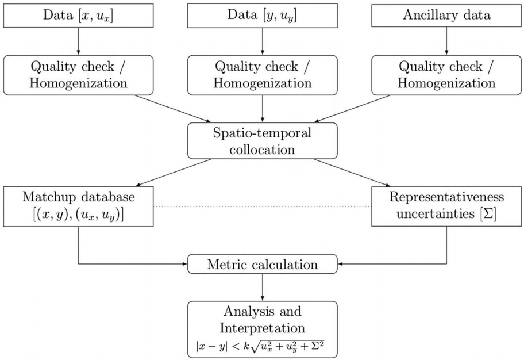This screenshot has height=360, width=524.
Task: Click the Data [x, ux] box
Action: tap(78, 16)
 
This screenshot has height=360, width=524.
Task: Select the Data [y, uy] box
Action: tap(263, 16)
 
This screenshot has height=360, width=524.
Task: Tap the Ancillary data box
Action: tap(447, 16)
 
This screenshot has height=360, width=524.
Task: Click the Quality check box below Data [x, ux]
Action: tap(78, 75)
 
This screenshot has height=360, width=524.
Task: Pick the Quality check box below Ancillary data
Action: tap(447, 75)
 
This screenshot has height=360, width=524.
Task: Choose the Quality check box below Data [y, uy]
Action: tap(263, 75)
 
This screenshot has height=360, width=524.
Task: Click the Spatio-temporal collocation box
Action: tap(263, 141)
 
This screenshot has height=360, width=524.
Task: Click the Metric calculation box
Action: tap(263, 265)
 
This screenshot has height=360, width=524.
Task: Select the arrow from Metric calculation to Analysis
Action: tap(263, 288)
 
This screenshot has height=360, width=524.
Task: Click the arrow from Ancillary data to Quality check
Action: tap(447, 41)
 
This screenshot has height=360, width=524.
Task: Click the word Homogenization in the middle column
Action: tap(263, 83)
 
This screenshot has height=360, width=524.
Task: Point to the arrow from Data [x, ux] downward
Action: tap(78, 41)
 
